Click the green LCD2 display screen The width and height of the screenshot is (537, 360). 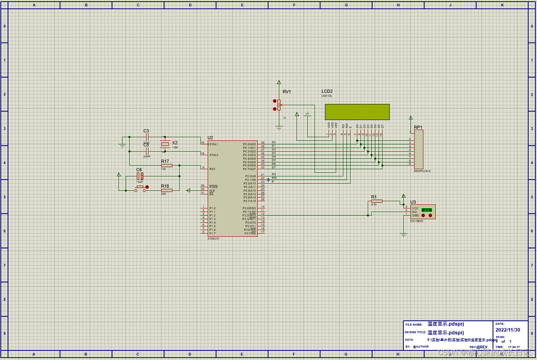357,112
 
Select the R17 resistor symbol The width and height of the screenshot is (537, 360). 166,165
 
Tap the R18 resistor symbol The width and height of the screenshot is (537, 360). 166,190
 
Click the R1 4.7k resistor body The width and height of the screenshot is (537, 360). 377,201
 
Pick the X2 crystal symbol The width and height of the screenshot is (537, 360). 165,144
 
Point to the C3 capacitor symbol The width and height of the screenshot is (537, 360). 147,137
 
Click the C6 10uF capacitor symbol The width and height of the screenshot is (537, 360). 140,176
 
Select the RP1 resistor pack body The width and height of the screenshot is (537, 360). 419,149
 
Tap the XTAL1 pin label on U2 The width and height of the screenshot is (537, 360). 214,144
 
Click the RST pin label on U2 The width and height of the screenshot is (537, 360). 212,169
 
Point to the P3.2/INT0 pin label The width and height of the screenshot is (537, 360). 249,216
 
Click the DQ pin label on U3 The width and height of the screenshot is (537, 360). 415,212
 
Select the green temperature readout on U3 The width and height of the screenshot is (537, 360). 427,210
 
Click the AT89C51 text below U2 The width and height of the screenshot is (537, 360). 213,239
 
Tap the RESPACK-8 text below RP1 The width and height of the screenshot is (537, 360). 422,171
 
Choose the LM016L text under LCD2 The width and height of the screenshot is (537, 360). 327,96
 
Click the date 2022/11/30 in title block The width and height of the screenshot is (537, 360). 508,330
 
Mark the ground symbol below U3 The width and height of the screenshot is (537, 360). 403,235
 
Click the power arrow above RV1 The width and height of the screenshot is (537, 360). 279,82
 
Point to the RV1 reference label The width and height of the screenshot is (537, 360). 287,92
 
